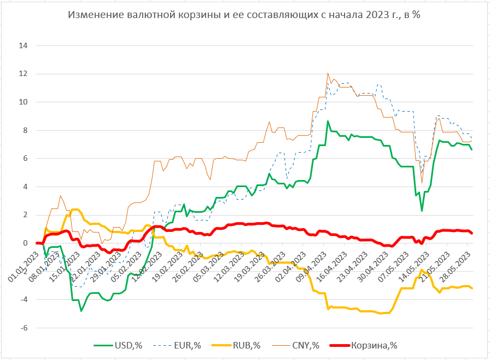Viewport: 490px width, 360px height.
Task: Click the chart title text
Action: click(x=244, y=15)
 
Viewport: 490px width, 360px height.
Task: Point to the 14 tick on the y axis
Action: click(x=23, y=45)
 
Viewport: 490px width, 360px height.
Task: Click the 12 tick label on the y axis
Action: click(x=23, y=74)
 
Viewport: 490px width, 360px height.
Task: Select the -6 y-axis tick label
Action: click(x=24, y=328)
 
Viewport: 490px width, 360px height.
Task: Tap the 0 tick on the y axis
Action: click(x=25, y=243)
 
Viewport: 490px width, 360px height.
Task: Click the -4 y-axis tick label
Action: click(x=24, y=299)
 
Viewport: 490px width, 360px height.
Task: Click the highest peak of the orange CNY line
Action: click(x=328, y=73)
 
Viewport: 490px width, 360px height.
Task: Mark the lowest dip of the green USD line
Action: click(x=81, y=311)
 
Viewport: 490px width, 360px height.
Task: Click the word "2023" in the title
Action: click(x=371, y=15)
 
